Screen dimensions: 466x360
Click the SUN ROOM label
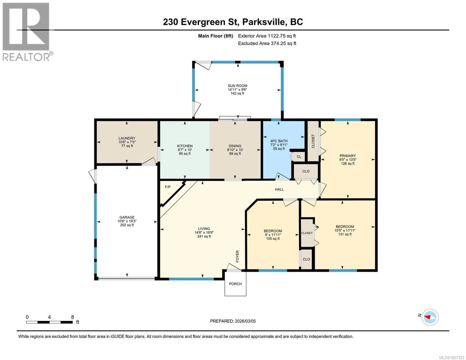(x=237, y=86)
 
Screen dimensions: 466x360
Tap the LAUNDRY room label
(x=127, y=138)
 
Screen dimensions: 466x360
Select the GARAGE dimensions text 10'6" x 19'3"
(x=127, y=221)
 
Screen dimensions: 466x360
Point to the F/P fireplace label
(x=168, y=187)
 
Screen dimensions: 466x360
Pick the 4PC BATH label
(x=279, y=141)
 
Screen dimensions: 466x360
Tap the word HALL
(x=279, y=189)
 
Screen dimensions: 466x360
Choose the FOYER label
(x=237, y=256)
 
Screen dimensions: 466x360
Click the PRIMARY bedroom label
(x=347, y=156)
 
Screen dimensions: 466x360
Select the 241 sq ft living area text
(x=204, y=236)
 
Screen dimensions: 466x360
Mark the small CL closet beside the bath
(x=299, y=157)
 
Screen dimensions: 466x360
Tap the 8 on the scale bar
(x=73, y=317)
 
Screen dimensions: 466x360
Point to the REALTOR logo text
(x=26, y=57)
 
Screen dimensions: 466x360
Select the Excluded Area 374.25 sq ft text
(x=267, y=43)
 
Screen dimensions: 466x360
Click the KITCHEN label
(x=185, y=146)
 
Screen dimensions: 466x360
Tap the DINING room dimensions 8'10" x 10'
(x=235, y=150)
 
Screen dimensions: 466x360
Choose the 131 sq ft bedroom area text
(x=345, y=234)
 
